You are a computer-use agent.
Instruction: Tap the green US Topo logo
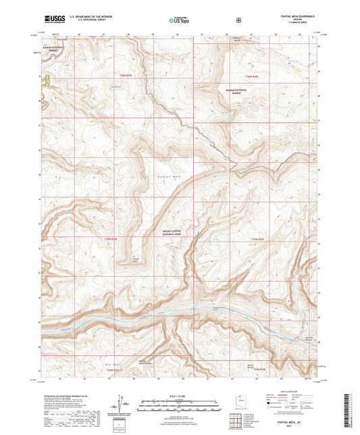[x=178, y=21]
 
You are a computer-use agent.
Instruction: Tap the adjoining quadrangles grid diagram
[x=236, y=424]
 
